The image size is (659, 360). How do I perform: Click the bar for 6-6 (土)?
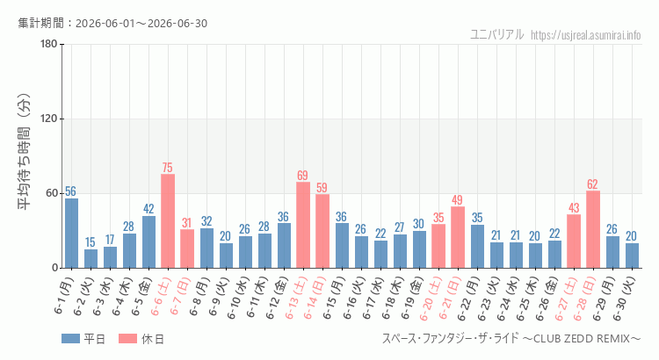pyautogui.click(x=168, y=221)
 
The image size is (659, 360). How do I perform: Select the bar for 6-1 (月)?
pyautogui.click(x=71, y=234)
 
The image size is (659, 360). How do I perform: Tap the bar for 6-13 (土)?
pyautogui.click(x=303, y=225)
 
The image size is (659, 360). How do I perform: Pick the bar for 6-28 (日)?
pyautogui.click(x=593, y=229)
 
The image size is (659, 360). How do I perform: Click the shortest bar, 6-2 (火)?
pyautogui.click(x=91, y=259)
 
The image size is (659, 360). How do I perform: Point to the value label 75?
pyautogui.click(x=167, y=168)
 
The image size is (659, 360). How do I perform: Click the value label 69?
pyautogui.click(x=302, y=175)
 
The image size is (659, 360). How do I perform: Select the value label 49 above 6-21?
pyautogui.click(x=457, y=200)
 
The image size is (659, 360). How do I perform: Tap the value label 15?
pyautogui.click(x=91, y=242)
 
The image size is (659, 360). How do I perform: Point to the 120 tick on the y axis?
pyautogui.click(x=49, y=119)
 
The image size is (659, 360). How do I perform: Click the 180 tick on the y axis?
pyautogui.click(x=49, y=44)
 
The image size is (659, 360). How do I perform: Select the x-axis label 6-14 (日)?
pyautogui.click(x=315, y=298)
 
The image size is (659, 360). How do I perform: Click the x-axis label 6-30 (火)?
pyautogui.click(x=625, y=298)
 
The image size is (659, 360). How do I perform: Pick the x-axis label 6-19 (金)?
pyautogui.click(x=412, y=298)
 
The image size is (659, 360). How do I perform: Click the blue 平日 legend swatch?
pyautogui.click(x=70, y=339)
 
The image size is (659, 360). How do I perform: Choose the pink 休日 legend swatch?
pyautogui.click(x=127, y=339)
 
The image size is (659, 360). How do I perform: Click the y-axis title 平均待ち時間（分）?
pyautogui.click(x=24, y=152)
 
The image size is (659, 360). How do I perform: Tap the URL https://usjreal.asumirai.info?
pyautogui.click(x=585, y=35)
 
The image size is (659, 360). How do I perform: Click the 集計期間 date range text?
pyautogui.click(x=112, y=23)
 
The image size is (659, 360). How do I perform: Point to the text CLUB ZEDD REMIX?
pyautogui.click(x=582, y=339)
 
